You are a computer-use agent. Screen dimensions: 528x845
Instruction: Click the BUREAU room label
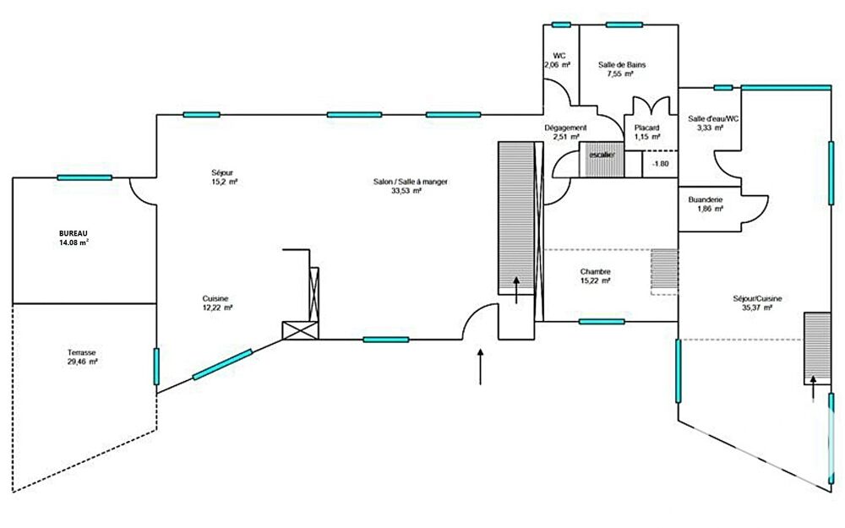74,232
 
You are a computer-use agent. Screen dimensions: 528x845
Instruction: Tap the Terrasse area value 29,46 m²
82,361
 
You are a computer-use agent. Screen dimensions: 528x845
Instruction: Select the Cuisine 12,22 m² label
217,302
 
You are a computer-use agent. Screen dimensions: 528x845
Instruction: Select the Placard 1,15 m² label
647,132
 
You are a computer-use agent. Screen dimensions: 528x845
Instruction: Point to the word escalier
601,155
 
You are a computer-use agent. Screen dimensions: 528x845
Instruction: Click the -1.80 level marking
660,164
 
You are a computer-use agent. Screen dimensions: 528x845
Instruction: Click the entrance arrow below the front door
481,366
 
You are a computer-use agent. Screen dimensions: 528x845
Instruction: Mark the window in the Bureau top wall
84,177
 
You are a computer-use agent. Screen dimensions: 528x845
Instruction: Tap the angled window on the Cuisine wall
222,365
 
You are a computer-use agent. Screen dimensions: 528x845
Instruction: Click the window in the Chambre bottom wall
602,322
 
